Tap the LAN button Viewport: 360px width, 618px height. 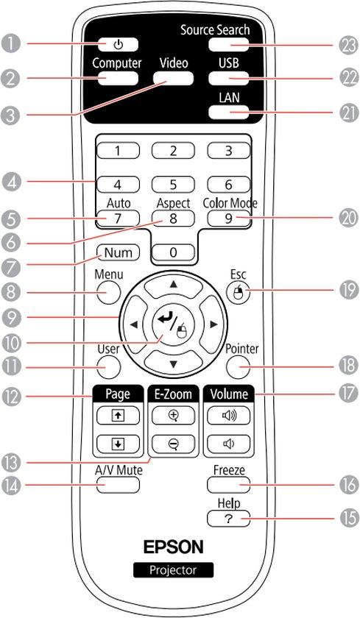(x=229, y=112)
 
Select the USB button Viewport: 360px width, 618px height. (x=229, y=79)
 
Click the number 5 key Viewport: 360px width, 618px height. (x=173, y=185)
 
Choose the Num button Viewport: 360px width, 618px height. (x=118, y=252)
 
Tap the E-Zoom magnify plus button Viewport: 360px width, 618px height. (x=173, y=415)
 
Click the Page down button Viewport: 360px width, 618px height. (x=118, y=444)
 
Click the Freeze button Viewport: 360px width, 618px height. (x=229, y=485)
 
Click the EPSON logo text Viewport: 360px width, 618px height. (x=173, y=547)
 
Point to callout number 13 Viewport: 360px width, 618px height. (x=10, y=464)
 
